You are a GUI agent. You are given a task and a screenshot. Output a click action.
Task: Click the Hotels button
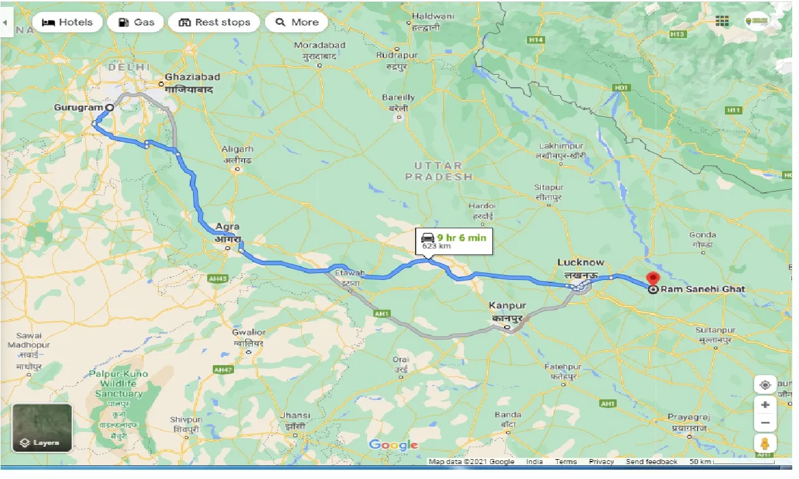(67, 22)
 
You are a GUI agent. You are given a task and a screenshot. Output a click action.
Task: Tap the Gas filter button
(136, 22)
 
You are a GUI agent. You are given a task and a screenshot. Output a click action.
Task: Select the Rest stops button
(214, 22)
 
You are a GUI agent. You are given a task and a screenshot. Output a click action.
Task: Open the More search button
(297, 22)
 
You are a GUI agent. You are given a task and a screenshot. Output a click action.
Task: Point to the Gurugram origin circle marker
(110, 108)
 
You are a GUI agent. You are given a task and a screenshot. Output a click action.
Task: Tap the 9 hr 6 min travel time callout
(454, 241)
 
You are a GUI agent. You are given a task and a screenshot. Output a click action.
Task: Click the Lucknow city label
(580, 263)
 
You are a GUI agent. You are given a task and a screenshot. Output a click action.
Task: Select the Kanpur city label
(507, 306)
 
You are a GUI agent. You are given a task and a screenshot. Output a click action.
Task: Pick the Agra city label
(227, 227)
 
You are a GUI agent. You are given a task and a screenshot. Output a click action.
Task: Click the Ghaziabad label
(192, 77)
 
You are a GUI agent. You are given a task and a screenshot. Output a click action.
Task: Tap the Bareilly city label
(398, 98)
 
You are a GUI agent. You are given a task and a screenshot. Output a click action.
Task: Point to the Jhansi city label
(295, 416)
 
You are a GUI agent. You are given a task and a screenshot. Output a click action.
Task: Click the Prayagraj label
(688, 416)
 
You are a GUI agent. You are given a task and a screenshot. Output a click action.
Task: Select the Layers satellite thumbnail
(42, 428)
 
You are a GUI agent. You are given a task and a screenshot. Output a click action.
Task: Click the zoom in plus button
(765, 405)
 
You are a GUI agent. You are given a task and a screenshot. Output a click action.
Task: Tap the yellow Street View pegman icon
(765, 444)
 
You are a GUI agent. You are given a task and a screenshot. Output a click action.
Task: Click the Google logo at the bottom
(393, 445)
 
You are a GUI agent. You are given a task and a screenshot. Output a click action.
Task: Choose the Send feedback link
(652, 462)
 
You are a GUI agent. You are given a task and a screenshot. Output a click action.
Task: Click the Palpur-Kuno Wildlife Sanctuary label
(118, 384)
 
